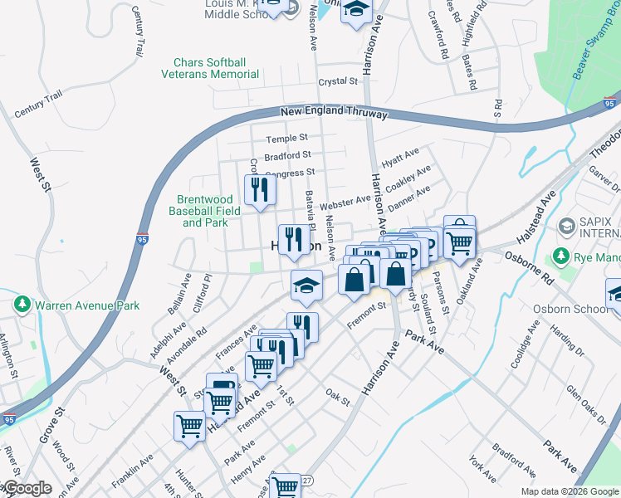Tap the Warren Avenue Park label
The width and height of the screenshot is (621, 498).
click(x=86, y=305)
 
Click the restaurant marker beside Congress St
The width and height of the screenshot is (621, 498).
click(x=260, y=190)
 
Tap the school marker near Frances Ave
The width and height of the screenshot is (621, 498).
click(x=306, y=286)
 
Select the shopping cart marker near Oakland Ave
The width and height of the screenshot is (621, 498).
click(x=459, y=242)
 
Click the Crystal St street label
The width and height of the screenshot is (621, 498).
click(x=338, y=81)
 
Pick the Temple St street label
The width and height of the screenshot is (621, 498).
click(x=286, y=138)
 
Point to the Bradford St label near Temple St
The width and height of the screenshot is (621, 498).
click(x=287, y=155)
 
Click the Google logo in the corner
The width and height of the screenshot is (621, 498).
click(x=27, y=489)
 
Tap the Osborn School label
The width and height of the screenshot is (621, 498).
click(x=575, y=309)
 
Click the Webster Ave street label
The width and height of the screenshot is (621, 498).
click(x=345, y=201)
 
